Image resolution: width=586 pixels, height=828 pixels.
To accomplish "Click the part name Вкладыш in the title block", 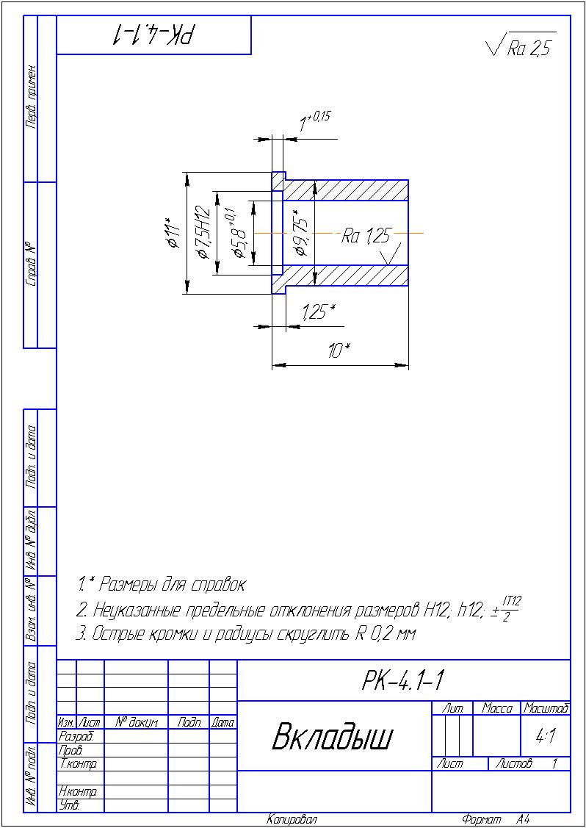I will [333, 736].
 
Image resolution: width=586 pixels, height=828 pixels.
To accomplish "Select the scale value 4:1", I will [545, 735].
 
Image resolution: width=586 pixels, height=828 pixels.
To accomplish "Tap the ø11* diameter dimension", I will [173, 234].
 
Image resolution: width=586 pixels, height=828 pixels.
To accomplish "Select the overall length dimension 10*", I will [339, 352].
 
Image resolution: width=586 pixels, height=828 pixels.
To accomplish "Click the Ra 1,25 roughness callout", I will [366, 236].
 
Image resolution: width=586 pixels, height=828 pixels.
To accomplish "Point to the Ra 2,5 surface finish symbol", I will [521, 47].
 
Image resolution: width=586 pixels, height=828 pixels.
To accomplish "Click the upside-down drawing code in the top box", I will [153, 35].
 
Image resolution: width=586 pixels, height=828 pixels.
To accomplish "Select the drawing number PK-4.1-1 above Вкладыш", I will [403, 681].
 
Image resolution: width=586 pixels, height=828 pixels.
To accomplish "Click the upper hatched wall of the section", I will [345, 190].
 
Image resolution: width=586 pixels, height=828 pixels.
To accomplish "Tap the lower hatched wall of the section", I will [345, 276].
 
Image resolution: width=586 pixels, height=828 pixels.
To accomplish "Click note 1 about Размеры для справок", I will [161, 586].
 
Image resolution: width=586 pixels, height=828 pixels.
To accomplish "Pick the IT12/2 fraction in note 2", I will [512, 609].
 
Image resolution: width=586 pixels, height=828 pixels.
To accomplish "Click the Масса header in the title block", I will [496, 708].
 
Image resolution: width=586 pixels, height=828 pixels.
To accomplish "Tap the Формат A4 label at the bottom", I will [496, 819].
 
